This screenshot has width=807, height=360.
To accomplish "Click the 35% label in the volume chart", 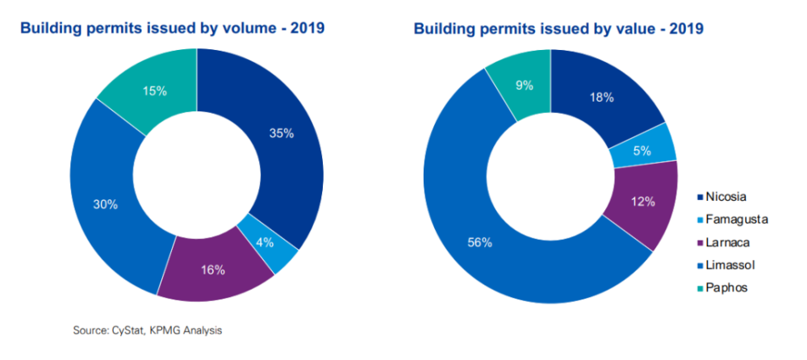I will pyautogui.click(x=281, y=134).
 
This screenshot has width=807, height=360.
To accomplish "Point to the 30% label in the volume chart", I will pyautogui.click(x=104, y=204).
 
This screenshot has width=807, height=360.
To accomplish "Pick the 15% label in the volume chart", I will pyautogui.click(x=153, y=91).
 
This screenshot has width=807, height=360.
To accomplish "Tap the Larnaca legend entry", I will pyautogui.click(x=726, y=241).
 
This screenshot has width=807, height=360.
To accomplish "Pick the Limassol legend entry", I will pyautogui.click(x=729, y=264).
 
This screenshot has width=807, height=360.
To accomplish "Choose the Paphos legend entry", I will pyautogui.click(x=725, y=287).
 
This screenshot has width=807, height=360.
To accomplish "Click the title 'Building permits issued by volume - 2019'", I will pyautogui.click(x=172, y=29).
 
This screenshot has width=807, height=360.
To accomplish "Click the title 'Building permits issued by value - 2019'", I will pyautogui.click(x=558, y=29).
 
